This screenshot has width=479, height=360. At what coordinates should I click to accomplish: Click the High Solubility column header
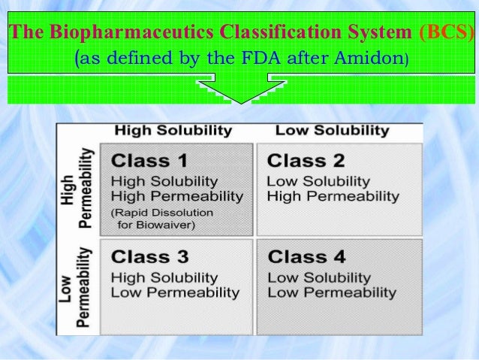point(173,131)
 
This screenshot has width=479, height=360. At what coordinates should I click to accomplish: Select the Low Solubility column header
point(332,131)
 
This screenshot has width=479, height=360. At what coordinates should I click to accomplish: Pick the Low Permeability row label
point(78,286)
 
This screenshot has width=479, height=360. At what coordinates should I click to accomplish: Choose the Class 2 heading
point(306,161)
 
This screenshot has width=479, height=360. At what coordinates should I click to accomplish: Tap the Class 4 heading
point(306,258)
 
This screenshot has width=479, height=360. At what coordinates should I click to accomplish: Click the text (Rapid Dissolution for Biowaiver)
point(162,218)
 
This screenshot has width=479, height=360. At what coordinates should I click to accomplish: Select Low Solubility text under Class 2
point(318,181)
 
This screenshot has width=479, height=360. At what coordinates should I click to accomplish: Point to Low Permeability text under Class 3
point(175,292)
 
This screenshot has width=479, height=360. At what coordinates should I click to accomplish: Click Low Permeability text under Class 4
point(331,292)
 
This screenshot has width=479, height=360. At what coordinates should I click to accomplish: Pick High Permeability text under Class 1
point(177,196)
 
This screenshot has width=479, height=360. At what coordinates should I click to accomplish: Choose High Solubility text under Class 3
point(164,278)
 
